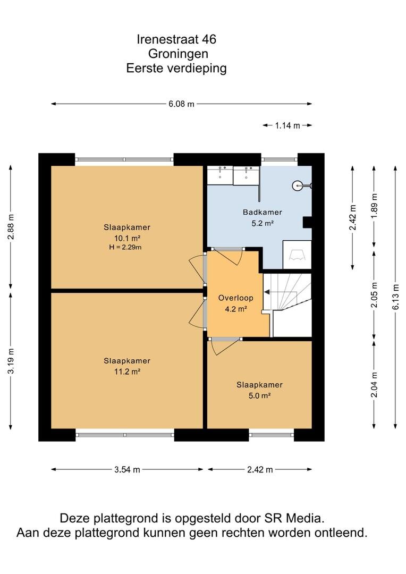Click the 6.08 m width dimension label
click(x=181, y=104)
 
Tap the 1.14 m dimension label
click(x=287, y=125)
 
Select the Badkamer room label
click(x=263, y=212)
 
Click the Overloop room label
click(x=236, y=298)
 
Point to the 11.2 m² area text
click(x=127, y=372)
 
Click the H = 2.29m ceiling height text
click(x=125, y=248)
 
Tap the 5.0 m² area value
click(x=259, y=396)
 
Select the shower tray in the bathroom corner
click(x=297, y=255)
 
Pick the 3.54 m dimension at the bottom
click(x=127, y=470)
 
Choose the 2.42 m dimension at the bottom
click(x=260, y=470)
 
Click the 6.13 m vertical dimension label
click(x=396, y=297)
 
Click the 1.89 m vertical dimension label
click(x=374, y=206)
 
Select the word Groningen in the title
click(x=178, y=54)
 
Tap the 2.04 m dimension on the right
click(x=374, y=384)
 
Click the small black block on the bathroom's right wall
click(x=307, y=223)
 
